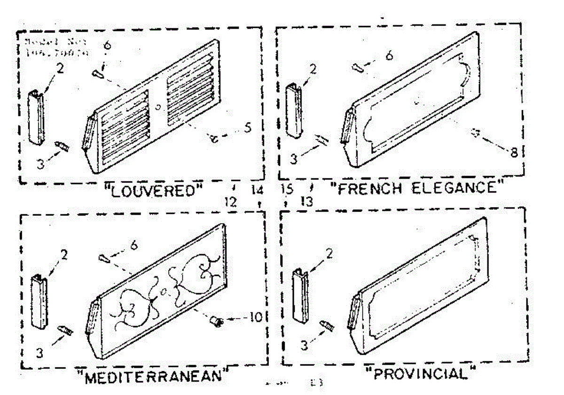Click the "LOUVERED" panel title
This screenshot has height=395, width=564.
(x=154, y=191)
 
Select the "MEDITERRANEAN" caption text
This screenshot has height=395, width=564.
(x=154, y=376)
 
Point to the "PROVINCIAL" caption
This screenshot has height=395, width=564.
(x=421, y=374)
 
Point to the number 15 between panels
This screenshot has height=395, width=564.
(x=287, y=190)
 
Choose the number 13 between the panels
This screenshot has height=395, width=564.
(x=306, y=202)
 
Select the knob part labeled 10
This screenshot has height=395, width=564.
(x=217, y=322)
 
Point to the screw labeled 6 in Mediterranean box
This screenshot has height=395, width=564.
(x=103, y=257)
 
